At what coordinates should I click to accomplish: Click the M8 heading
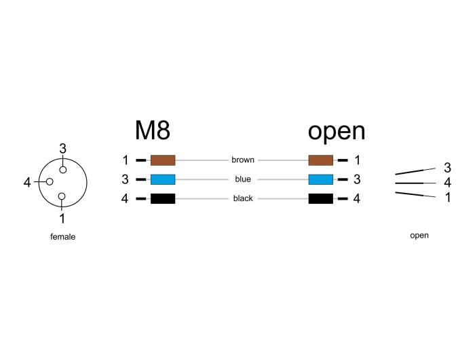tap(152, 130)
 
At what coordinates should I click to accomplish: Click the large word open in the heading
tap(336, 130)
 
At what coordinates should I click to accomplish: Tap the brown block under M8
tap(163, 160)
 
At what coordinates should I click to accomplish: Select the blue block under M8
tap(163, 179)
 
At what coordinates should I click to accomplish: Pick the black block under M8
tap(163, 199)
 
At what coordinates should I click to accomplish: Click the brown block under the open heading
tap(320, 160)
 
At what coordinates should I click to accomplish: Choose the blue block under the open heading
tap(320, 179)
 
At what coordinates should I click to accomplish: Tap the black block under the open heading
tap(320, 199)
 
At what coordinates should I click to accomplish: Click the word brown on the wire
tap(242, 160)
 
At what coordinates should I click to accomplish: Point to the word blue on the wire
tap(242, 179)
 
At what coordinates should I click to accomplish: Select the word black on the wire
tap(242, 199)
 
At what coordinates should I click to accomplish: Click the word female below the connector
tap(62, 237)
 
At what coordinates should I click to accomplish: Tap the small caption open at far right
tap(419, 236)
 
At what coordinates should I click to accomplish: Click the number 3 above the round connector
tap(62, 148)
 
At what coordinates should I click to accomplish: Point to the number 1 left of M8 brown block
tap(126, 160)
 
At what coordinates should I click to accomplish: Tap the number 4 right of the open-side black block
tap(356, 199)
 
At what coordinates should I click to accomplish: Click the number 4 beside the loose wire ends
tap(447, 182)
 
